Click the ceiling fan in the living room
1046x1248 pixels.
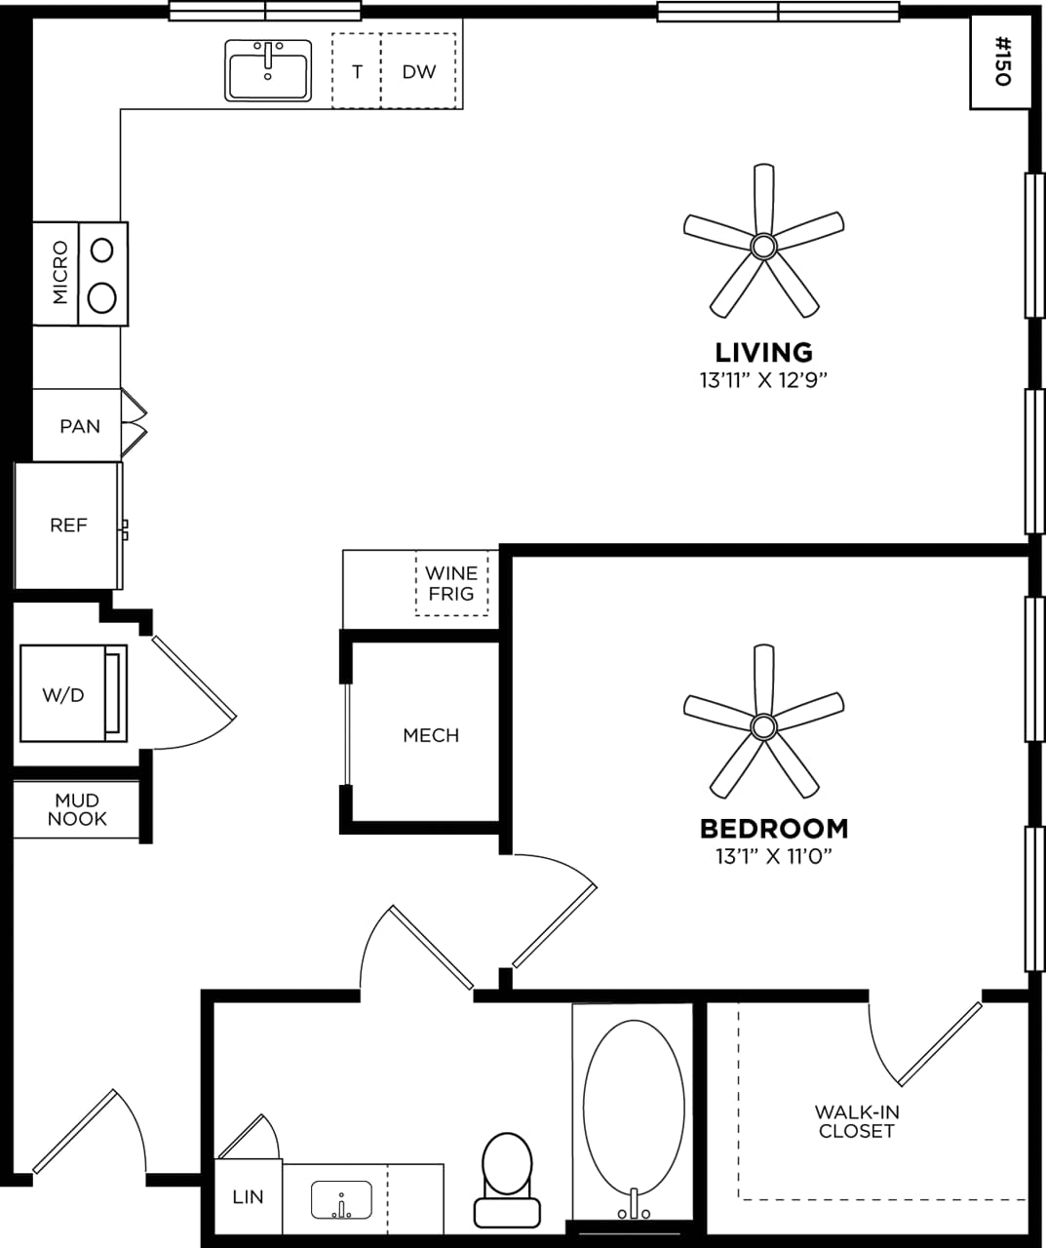click(763, 243)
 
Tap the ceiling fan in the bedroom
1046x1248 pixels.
click(763, 723)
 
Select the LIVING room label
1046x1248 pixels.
click(763, 352)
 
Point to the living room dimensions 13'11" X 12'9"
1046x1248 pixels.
click(763, 380)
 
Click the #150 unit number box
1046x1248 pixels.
click(1001, 62)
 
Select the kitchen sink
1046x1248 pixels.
click(268, 70)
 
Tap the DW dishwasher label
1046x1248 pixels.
click(419, 71)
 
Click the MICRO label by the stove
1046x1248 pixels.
click(60, 273)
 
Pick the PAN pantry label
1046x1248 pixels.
click(80, 426)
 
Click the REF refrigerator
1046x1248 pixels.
click(68, 526)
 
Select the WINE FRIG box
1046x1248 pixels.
click(451, 583)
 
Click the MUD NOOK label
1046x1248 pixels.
click(77, 810)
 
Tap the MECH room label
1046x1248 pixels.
click(431, 735)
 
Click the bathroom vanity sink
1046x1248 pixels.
click(341, 1199)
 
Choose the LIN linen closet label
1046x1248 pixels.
click(248, 1196)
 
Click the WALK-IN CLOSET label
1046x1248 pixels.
click(856, 1121)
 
